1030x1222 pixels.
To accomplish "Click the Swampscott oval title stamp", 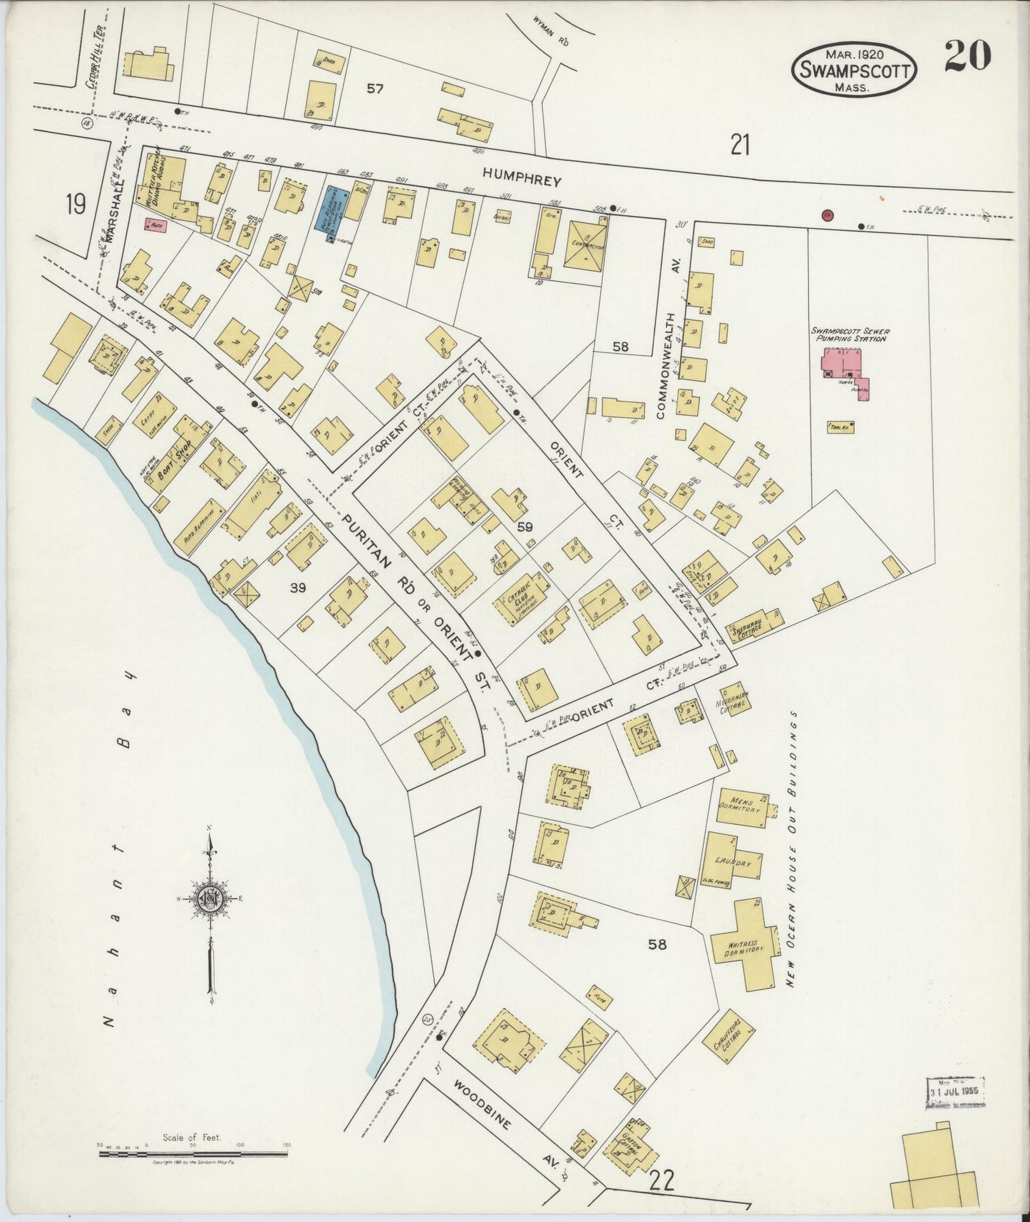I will [854, 69].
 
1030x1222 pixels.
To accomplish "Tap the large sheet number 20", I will [967, 56].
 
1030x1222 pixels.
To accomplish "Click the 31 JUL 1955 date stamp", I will [955, 1092].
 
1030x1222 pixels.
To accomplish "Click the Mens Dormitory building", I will [741, 808].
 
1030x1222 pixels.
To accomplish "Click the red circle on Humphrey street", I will [827, 215].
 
